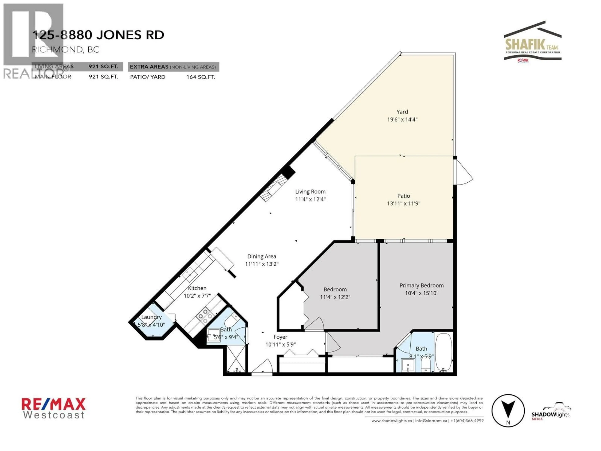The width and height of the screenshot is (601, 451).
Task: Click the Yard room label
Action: pyautogui.click(x=402, y=112)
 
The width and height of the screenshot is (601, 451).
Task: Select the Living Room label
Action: pyautogui.click(x=310, y=192)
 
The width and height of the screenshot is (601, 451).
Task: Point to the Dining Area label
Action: pyautogui.click(x=262, y=256)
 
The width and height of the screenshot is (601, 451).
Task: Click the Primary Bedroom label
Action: pyautogui.click(x=421, y=285)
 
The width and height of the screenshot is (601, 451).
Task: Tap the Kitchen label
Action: pyautogui.click(x=197, y=288)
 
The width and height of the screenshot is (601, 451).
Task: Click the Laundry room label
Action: pyautogui.click(x=151, y=317)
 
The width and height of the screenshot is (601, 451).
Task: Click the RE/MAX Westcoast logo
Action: pyautogui.click(x=54, y=408)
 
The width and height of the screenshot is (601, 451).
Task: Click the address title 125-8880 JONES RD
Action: pyautogui.click(x=98, y=35)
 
